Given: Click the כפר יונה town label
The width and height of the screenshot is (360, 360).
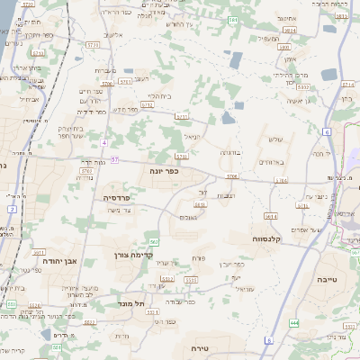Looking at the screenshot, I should (165, 169).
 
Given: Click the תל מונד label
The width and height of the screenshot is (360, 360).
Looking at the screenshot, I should (132, 304).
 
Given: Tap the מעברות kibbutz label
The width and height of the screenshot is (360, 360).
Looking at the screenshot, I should (105, 71).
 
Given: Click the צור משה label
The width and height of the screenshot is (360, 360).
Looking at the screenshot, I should (120, 211).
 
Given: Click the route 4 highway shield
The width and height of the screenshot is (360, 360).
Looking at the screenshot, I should (104, 142).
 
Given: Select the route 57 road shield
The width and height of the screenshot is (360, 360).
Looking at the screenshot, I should (115, 159).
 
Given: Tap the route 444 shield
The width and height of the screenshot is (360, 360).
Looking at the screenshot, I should (294, 321).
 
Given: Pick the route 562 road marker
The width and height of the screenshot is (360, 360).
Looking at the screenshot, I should (154, 241).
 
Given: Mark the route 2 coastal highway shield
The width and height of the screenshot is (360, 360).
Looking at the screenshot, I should (11, 209).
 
